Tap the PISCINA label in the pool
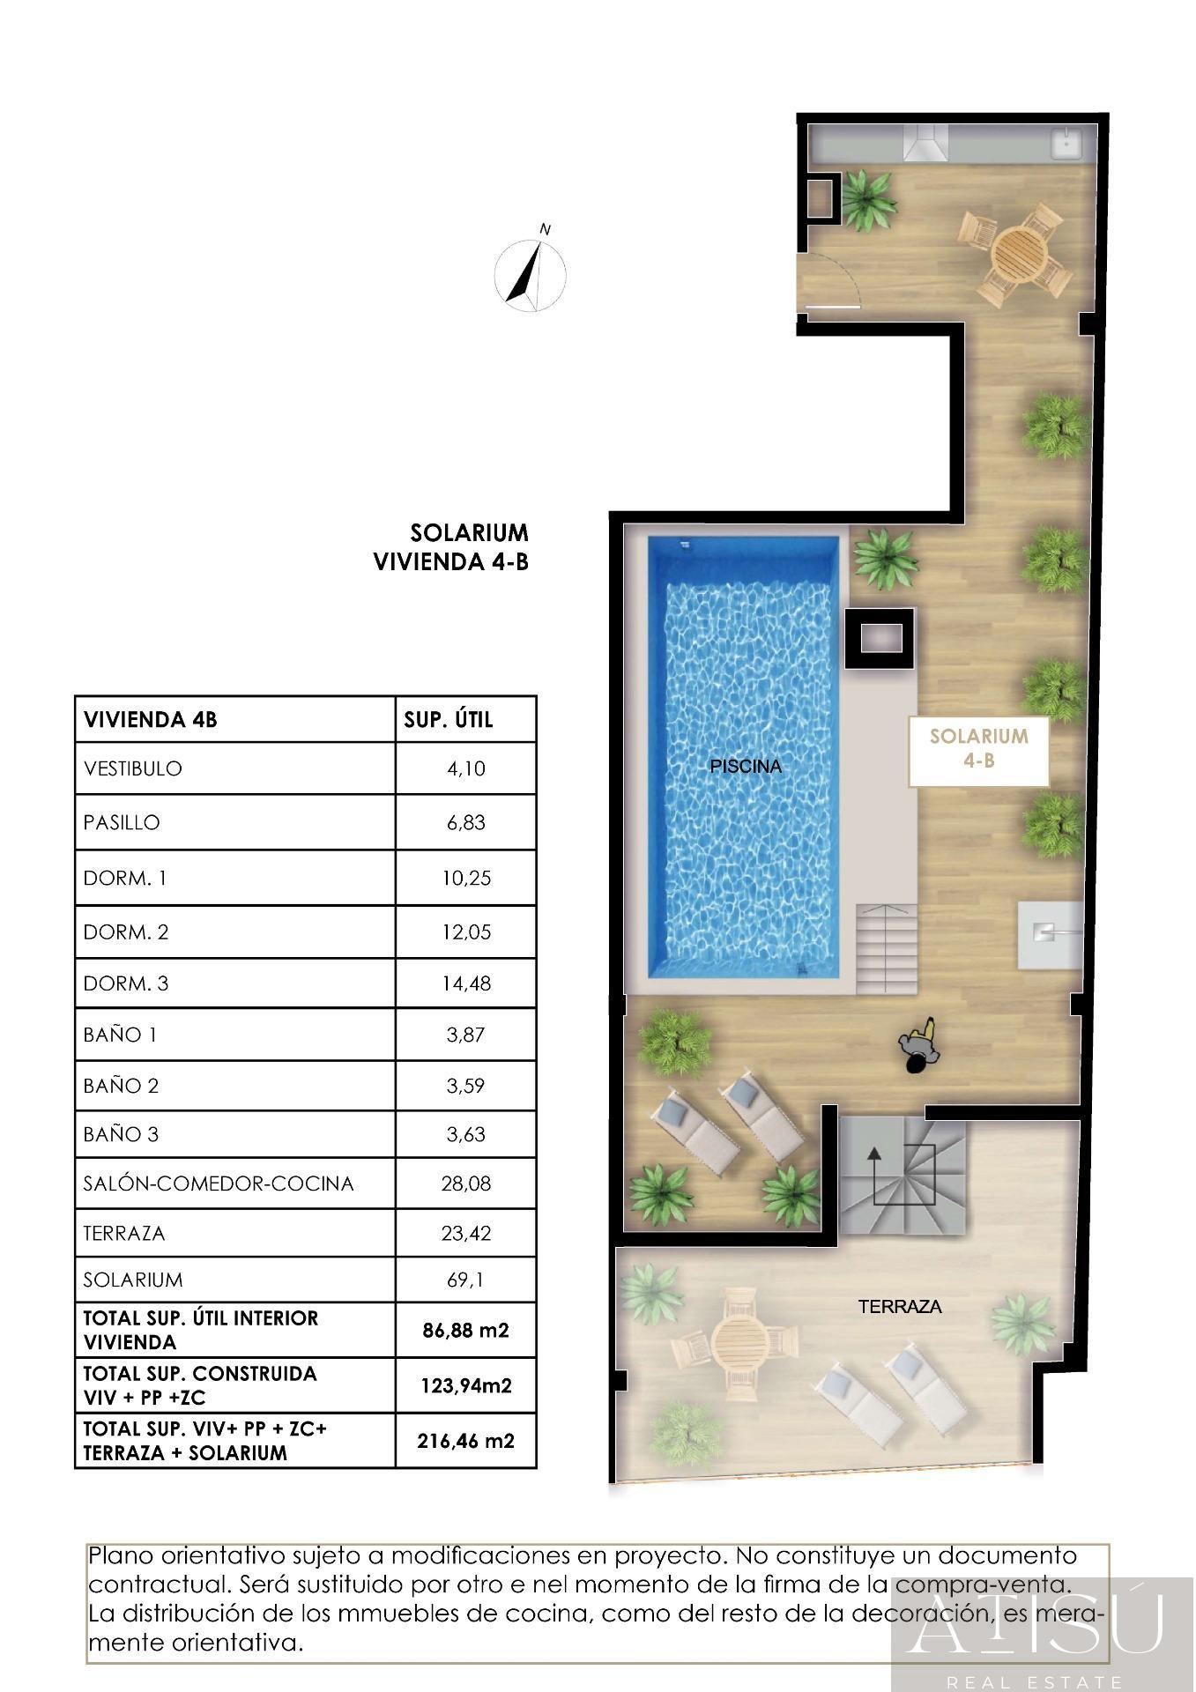[x=746, y=767]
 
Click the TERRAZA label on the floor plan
[x=900, y=1307]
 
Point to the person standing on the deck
[x=917, y=1046]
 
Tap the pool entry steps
[x=886, y=949]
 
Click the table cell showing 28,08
[x=465, y=1183]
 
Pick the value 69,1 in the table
[x=465, y=1280]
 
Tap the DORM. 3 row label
[x=126, y=983]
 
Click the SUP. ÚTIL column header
[x=449, y=720]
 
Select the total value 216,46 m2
[x=465, y=1442]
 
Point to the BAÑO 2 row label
[x=121, y=1086]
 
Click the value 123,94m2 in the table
[x=466, y=1386]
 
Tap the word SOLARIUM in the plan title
[x=469, y=532]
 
